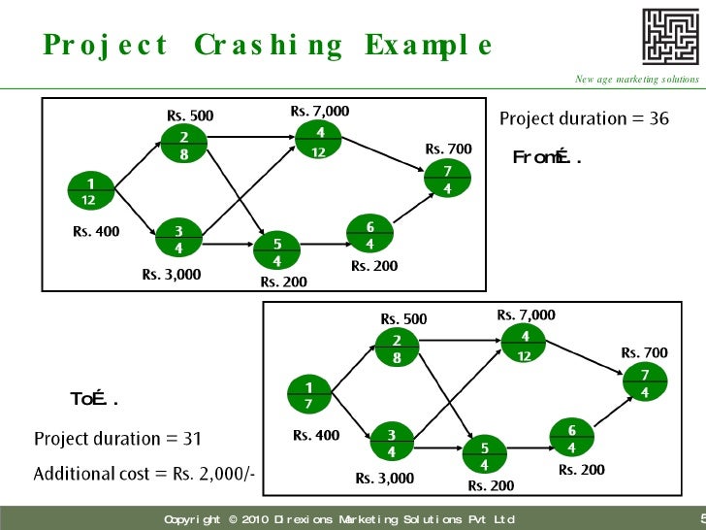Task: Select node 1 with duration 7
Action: pyautogui.click(x=308, y=395)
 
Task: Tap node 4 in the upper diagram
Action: pyautogui.click(x=319, y=142)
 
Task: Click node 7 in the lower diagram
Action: pyautogui.click(x=644, y=383)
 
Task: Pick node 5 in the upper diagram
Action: pyautogui.click(x=276, y=252)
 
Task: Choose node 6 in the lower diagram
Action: pyautogui.click(x=571, y=439)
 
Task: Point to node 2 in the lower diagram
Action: pyautogui.click(x=396, y=348)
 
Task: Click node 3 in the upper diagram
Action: pyautogui.click(x=178, y=239)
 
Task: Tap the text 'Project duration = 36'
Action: pyautogui.click(x=584, y=118)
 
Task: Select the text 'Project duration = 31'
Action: pyautogui.click(x=117, y=439)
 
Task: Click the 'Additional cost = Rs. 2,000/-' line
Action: pyautogui.click(x=144, y=474)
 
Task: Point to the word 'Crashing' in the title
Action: pyautogui.click(x=268, y=46)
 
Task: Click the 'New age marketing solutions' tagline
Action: pyautogui.click(x=636, y=79)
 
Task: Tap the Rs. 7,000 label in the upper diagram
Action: pyautogui.click(x=320, y=112)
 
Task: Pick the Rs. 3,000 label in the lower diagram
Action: pyautogui.click(x=384, y=478)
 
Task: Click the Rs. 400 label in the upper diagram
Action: pyautogui.click(x=96, y=232)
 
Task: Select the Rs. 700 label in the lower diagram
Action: pyautogui.click(x=644, y=352)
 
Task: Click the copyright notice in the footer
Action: pyautogui.click(x=338, y=520)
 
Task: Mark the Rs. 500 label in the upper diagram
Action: pyautogui.click(x=190, y=116)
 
